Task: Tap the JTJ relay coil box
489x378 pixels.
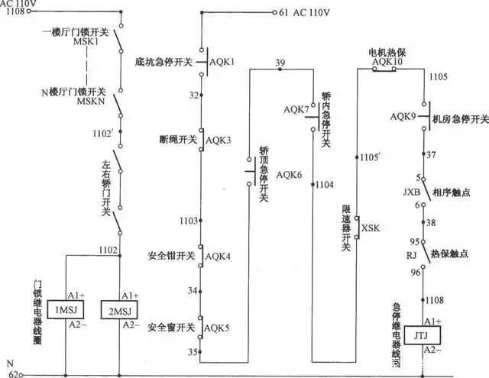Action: [420, 337]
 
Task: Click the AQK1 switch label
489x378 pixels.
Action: [222, 60]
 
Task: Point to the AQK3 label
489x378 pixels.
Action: [218, 140]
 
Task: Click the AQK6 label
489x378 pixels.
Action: [289, 175]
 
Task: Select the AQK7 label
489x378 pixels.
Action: [296, 110]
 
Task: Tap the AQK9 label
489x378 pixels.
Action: [403, 117]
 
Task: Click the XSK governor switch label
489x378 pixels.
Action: [371, 228]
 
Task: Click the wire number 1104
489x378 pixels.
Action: [325, 185]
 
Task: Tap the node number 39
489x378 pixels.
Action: [280, 63]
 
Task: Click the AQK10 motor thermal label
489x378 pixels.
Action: [386, 61]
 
